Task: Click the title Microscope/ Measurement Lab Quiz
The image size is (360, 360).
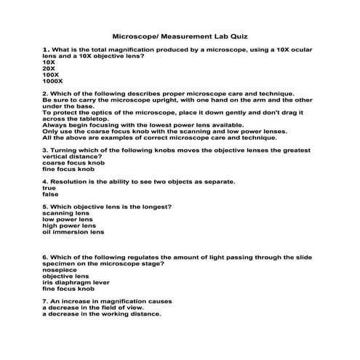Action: point(180,35)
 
